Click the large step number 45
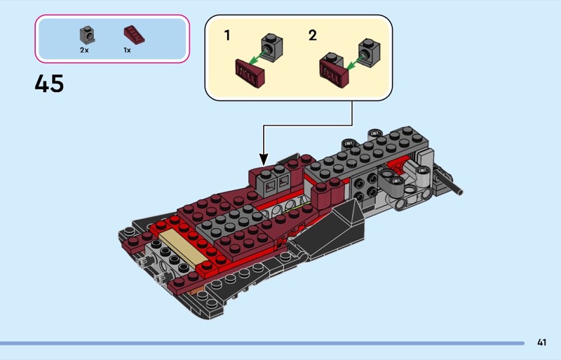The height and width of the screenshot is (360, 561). pos(49,84)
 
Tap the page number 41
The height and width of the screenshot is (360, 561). pos(541,342)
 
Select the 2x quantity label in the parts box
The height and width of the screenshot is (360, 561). pos(84,50)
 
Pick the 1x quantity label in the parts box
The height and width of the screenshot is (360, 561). pos(127,50)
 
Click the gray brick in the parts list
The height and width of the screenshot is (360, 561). pos(87,35)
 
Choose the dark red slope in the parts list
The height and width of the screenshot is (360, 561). pos(134,35)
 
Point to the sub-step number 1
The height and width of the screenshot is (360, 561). pos(227,36)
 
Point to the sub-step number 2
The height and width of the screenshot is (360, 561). pos(312,36)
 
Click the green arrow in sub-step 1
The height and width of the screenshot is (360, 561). pos(257,59)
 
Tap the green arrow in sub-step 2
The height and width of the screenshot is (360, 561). pos(354,62)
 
